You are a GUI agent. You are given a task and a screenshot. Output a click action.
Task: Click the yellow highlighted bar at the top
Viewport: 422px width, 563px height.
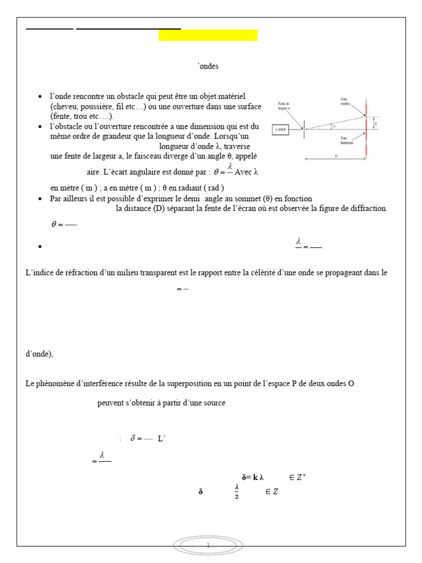coord(208,35)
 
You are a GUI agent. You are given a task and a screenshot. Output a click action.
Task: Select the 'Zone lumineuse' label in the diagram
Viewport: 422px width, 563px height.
coord(347,140)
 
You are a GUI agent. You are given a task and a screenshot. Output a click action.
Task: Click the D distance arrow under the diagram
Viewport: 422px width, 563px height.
coord(335,158)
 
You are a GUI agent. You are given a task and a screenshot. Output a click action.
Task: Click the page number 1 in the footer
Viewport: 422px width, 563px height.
coord(209,545)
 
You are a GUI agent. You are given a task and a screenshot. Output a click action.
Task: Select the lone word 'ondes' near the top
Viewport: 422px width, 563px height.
coord(208,66)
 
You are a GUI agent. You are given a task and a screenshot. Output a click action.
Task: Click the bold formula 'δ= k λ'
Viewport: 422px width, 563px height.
coord(253,477)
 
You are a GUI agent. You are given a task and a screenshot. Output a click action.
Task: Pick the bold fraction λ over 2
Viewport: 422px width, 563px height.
coord(237,492)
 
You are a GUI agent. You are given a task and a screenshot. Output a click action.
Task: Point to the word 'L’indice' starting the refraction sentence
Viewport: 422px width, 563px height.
coord(39,273)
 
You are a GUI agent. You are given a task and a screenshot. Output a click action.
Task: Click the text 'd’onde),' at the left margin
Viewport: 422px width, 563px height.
coord(40,354)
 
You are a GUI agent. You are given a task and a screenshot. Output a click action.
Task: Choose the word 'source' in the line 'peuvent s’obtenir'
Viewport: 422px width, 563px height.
coord(213,403)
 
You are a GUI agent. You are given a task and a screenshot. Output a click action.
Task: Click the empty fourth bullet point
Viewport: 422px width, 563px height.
coord(40,247)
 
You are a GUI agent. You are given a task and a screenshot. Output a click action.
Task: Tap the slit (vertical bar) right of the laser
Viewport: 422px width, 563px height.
coord(304,130)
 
